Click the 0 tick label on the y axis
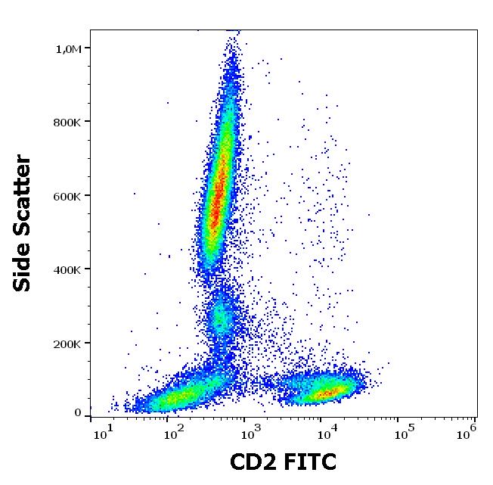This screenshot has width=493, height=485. click(x=78, y=413)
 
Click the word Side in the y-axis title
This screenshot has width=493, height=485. click(x=23, y=266)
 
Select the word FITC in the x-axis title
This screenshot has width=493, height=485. click(x=310, y=461)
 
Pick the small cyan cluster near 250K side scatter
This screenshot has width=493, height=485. click(x=221, y=320)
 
